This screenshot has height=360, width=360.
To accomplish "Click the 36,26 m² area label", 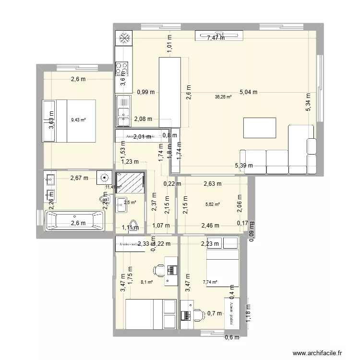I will coord(223,97).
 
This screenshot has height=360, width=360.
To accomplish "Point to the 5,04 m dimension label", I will coord(249,92).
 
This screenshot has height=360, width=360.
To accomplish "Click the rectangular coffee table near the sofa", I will coord(260,128).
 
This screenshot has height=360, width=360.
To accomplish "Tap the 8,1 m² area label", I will coord(146,282).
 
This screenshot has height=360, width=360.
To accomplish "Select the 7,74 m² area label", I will coord(210,282).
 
